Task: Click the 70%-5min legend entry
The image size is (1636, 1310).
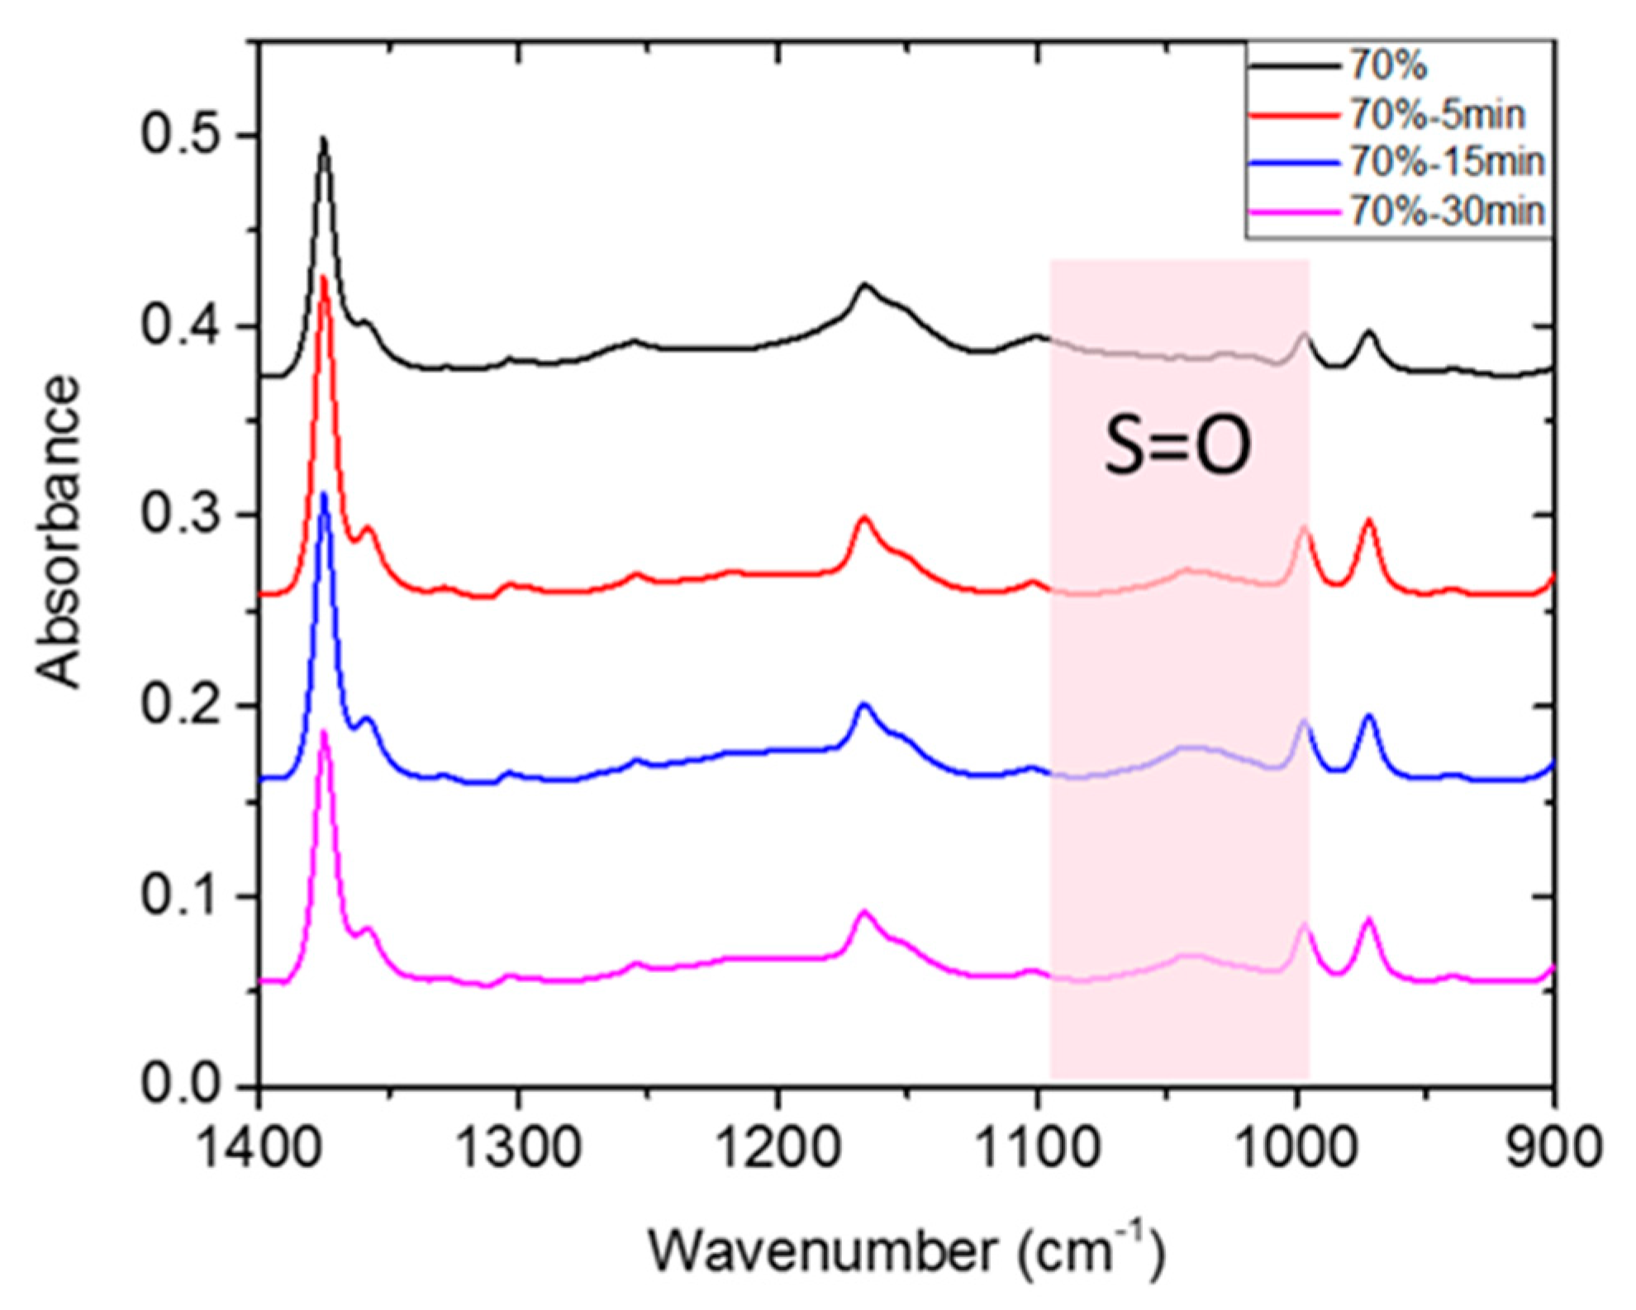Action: click(1437, 113)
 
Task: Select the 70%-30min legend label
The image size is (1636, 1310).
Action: click(1447, 211)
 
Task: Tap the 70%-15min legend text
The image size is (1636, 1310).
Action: click(1447, 162)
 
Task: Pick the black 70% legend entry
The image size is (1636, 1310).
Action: click(1388, 64)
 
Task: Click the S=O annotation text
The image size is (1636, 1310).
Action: click(1177, 445)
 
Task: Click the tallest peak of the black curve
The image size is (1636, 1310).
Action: click(323, 140)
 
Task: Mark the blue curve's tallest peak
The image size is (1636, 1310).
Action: click(324, 494)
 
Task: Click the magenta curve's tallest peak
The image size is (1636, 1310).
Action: click(324, 732)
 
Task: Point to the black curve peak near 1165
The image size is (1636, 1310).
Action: click(864, 285)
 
